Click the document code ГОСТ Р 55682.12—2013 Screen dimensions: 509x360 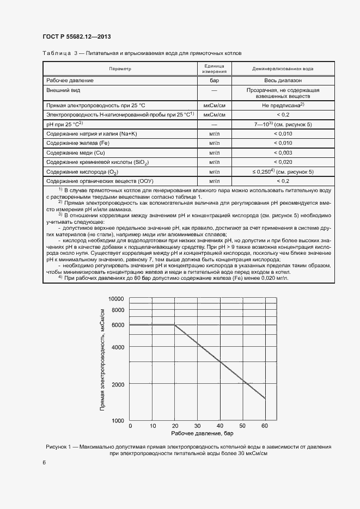[x=76, y=35]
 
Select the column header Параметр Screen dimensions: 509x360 [x=120, y=69]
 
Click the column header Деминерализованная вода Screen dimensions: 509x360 [x=282, y=69]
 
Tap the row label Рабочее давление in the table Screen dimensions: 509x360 [x=70, y=80]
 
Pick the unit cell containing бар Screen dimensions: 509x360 [x=214, y=80]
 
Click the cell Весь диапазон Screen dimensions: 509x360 [x=282, y=80]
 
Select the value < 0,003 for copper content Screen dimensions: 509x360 [x=282, y=152]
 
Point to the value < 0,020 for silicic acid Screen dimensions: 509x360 [x=282, y=162]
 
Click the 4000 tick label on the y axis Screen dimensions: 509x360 [x=118, y=347]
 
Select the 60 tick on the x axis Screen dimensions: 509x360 [x=265, y=425]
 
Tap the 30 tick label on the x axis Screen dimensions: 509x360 [x=197, y=425]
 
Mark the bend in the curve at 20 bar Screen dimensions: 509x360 [x=175, y=325]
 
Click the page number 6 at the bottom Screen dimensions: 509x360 [x=44, y=462]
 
